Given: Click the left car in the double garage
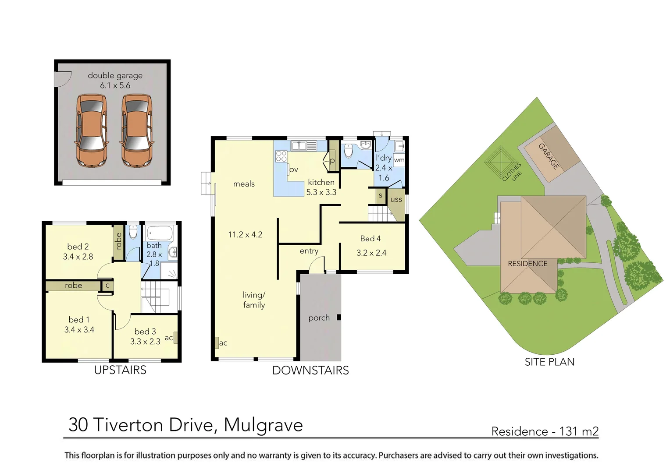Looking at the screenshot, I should pos(92,131).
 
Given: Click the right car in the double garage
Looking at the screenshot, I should pos(137,131).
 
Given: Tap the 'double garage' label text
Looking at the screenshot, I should pos(115,75).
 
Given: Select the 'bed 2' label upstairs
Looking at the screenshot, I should pos(78,247).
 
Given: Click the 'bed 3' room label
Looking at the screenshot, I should pos(145,332).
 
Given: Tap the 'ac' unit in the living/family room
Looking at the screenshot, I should pos(217,342).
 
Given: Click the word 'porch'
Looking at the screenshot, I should pos(319,318).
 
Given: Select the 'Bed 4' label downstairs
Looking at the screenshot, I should pos(371,239).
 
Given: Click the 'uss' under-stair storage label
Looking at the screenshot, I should pos(396,199).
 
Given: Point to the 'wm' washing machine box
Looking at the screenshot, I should pos(399,160).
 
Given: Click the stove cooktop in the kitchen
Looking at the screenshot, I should pos(281,156).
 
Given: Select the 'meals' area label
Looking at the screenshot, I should pos(244,184).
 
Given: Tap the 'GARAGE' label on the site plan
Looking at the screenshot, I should pos(549,156).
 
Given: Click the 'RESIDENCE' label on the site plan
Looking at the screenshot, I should pos(527,264).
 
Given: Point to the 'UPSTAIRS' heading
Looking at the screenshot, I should pos(120,370).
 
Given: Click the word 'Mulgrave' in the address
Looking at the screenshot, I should pos(263,425).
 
